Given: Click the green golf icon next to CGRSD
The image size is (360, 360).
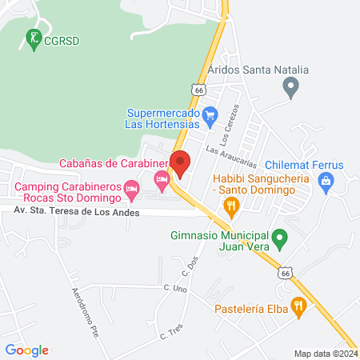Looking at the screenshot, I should (x=34, y=38).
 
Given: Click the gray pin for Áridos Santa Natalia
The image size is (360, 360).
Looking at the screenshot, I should (x=291, y=85).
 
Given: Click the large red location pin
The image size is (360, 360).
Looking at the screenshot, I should (x=180, y=165).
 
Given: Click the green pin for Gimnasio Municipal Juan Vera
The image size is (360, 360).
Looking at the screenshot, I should (x=280, y=237).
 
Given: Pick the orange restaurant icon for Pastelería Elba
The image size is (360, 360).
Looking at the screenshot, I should (x=298, y=305).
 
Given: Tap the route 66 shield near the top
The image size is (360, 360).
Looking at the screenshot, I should (x=198, y=90).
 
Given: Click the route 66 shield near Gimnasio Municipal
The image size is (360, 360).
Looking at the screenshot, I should (x=285, y=273).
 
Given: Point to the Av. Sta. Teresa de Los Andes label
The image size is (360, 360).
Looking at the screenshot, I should (x=76, y=212).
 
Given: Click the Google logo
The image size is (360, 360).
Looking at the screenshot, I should (x=26, y=350).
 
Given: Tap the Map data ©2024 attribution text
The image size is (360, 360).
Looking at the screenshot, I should (x=325, y=353).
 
